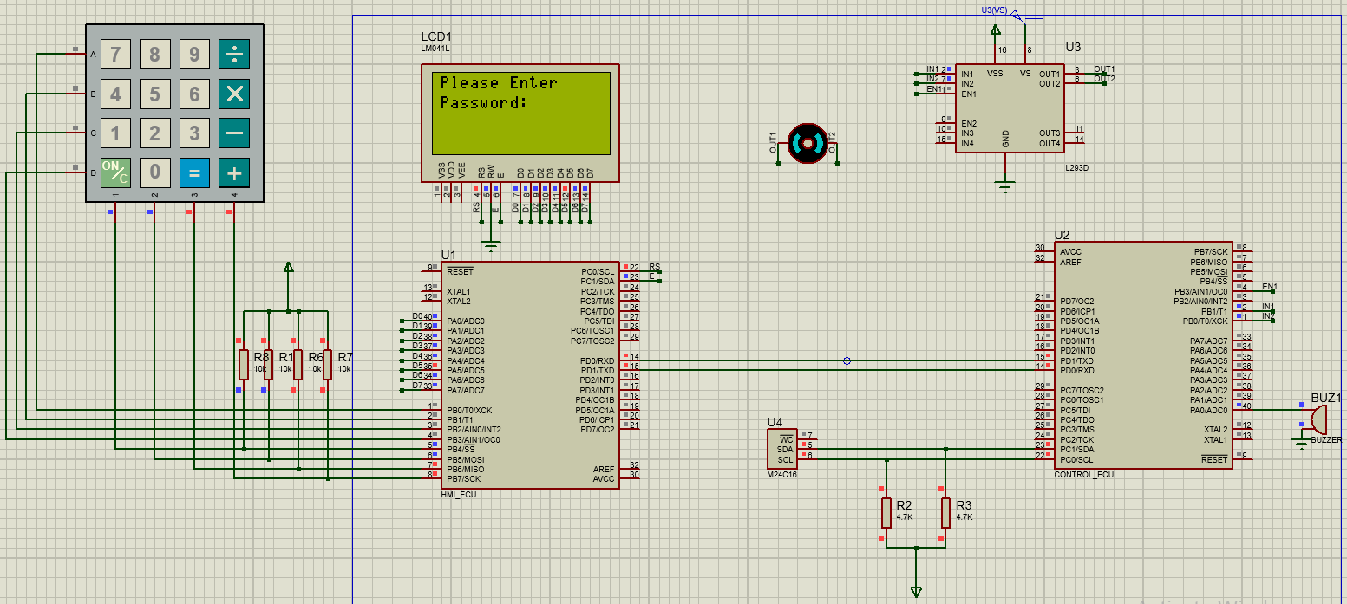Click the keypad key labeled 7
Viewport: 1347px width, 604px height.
coord(115,55)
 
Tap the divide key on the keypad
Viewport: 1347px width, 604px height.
coord(234,55)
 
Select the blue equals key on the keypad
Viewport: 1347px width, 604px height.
coord(194,172)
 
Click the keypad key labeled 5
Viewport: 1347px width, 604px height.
coord(154,94)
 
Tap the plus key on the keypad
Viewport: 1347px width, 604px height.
coord(234,172)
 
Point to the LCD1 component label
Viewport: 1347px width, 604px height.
coord(435,36)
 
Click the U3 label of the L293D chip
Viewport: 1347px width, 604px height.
coord(1073,47)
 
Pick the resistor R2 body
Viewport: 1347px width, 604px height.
coord(886,512)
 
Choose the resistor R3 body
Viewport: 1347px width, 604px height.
coord(945,512)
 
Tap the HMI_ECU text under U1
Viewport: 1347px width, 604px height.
coord(459,494)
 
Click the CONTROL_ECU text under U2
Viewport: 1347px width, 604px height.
coord(1083,474)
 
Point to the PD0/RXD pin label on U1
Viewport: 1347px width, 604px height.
coord(598,360)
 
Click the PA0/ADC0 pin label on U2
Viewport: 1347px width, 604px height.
coord(1208,410)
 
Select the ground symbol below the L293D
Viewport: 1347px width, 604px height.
coord(1004,185)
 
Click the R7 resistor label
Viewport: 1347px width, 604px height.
coord(345,357)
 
